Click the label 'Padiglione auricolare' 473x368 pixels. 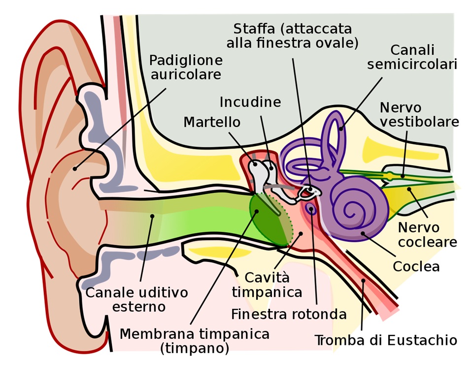pos(186,67)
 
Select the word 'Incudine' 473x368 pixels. pos(250,102)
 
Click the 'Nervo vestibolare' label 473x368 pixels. pos(419,114)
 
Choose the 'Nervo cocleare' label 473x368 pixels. pos(427,235)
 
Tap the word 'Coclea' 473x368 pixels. pos(416,266)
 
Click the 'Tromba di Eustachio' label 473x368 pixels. pos(386,340)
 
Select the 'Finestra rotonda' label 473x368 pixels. pos(289,314)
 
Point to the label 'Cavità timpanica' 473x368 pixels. pos(267,285)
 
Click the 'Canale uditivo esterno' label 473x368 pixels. pos(137,299)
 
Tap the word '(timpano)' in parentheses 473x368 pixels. pos(195,348)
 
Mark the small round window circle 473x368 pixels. pos(311,209)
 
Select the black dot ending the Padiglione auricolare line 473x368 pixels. pos(74,168)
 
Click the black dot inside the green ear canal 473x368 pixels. pos(153,216)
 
